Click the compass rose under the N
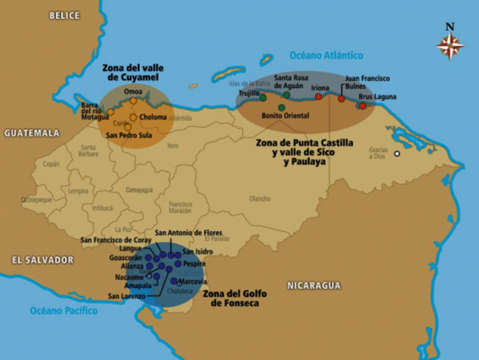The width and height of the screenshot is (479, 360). click(450, 46)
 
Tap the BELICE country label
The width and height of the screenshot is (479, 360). click(64, 16)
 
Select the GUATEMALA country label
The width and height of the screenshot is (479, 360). click(32, 133)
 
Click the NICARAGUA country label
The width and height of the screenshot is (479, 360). click(314, 286)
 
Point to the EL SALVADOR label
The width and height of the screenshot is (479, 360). click(43, 260)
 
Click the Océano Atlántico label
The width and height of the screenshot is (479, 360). click(326, 55)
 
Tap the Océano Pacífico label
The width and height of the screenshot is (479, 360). click(64, 310)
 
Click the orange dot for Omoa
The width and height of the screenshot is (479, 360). click(133, 101)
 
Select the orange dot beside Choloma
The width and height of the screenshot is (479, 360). click(133, 118)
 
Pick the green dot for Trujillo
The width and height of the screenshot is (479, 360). click(263, 98)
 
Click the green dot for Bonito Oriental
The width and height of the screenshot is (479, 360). click(282, 108)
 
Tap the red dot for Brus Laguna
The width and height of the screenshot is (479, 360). click(363, 106)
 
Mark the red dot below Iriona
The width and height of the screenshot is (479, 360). click(319, 96)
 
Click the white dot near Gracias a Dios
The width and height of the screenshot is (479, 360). click(397, 154)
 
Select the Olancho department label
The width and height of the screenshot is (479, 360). click(260, 198)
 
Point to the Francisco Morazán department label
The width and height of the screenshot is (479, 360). click(180, 207)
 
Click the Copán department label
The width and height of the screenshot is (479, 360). click(51, 164)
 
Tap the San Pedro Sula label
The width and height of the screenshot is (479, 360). click(129, 136)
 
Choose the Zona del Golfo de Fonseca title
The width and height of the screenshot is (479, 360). click(234, 298)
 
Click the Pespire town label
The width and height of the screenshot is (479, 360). click(194, 264)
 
